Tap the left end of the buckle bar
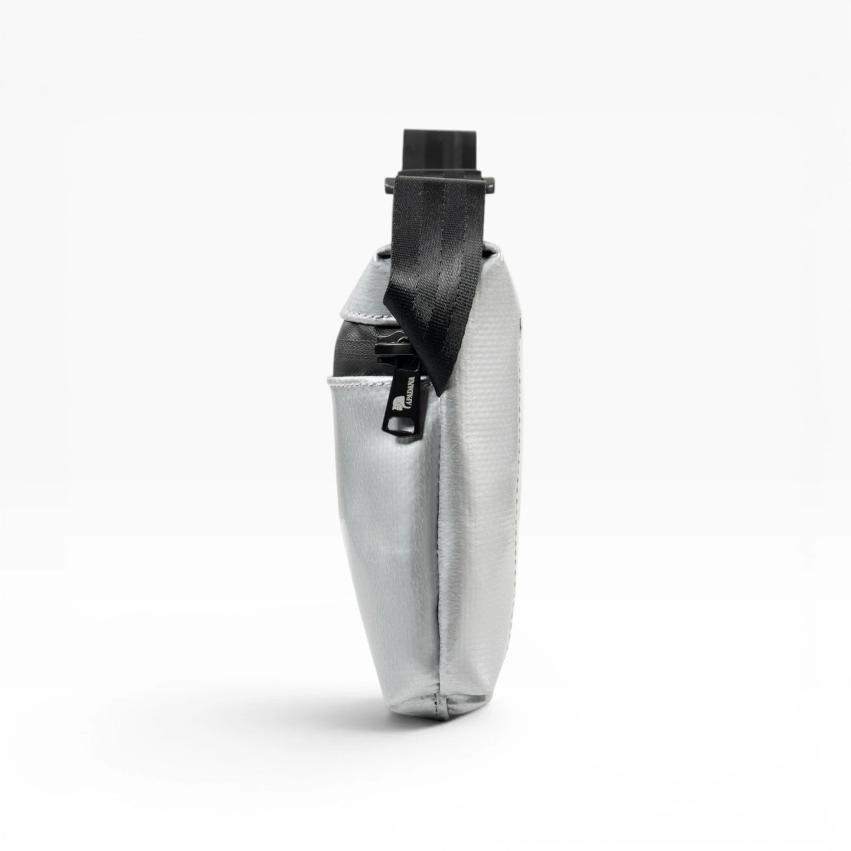click(x=389, y=181)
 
